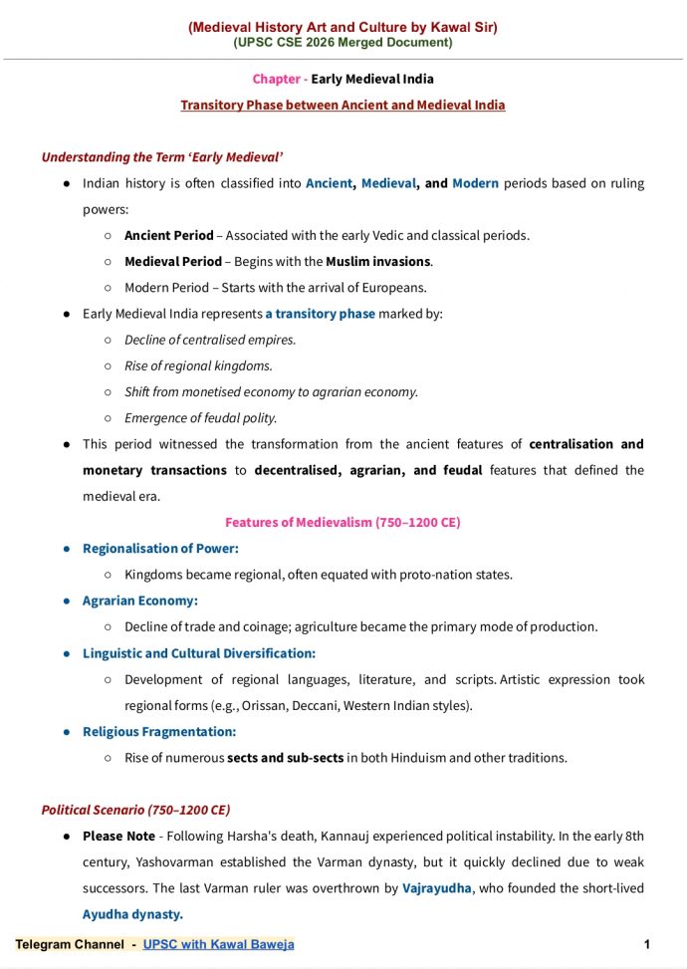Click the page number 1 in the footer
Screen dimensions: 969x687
(647, 943)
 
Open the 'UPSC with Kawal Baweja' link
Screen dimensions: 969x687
(218, 944)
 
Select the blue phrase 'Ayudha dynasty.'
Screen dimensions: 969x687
(132, 913)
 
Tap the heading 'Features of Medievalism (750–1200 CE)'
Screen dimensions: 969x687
(343, 522)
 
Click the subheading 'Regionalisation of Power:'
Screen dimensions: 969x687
(160, 548)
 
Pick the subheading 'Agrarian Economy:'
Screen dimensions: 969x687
(140, 601)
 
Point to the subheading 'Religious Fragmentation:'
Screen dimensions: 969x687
(159, 731)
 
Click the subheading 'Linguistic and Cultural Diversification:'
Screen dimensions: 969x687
(199, 653)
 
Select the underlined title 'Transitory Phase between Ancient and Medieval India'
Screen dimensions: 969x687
(343, 105)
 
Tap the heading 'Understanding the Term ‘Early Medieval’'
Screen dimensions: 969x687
(162, 157)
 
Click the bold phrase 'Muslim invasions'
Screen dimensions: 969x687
(377, 261)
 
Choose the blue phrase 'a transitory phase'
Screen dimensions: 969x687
(320, 313)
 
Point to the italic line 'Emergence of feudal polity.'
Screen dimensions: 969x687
(200, 417)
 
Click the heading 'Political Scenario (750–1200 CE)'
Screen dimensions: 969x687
(135, 810)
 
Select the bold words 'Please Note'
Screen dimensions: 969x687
(118, 836)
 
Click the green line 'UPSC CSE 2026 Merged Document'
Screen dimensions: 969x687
(343, 42)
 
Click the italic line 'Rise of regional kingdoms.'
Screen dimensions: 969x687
(198, 365)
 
